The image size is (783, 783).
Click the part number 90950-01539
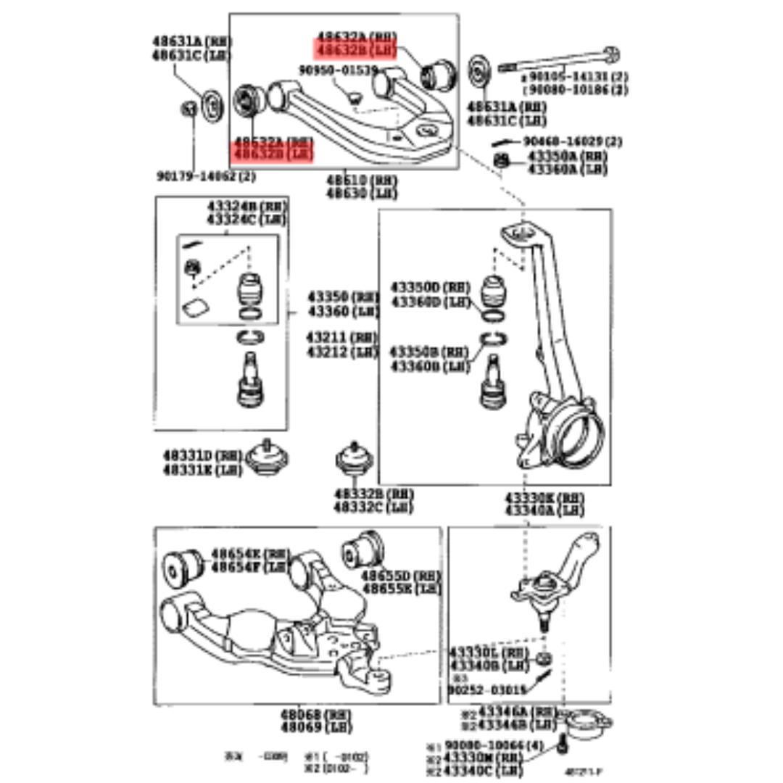click(x=339, y=70)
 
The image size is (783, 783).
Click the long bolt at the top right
click(x=558, y=62)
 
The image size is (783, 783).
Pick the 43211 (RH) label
click(x=342, y=338)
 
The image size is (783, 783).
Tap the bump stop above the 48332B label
click(x=353, y=460)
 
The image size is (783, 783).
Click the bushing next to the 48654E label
click(x=179, y=566)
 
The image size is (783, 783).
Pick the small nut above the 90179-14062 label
click(x=188, y=109)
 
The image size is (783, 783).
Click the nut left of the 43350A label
click(x=500, y=160)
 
